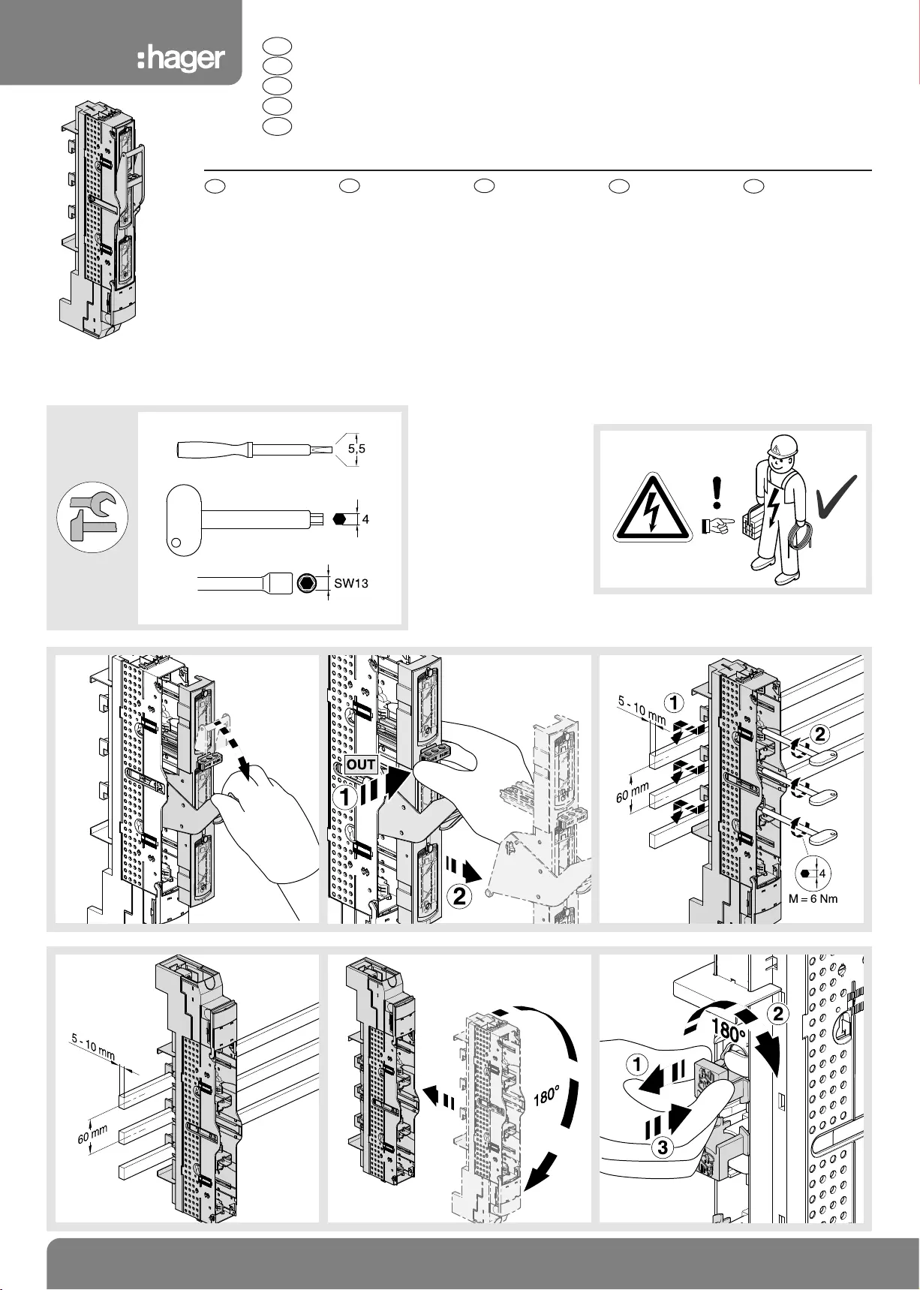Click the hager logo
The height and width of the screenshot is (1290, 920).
click(181, 59)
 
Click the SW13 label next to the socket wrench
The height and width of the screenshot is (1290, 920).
click(351, 583)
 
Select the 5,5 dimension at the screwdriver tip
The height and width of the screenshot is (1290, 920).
click(356, 450)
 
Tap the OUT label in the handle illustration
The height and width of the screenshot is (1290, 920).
click(360, 765)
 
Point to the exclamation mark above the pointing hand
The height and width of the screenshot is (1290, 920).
click(718, 492)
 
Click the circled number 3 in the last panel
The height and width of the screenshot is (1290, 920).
click(661, 1147)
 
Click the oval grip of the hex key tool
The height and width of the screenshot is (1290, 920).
click(182, 518)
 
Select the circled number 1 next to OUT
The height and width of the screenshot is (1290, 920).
click(344, 797)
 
